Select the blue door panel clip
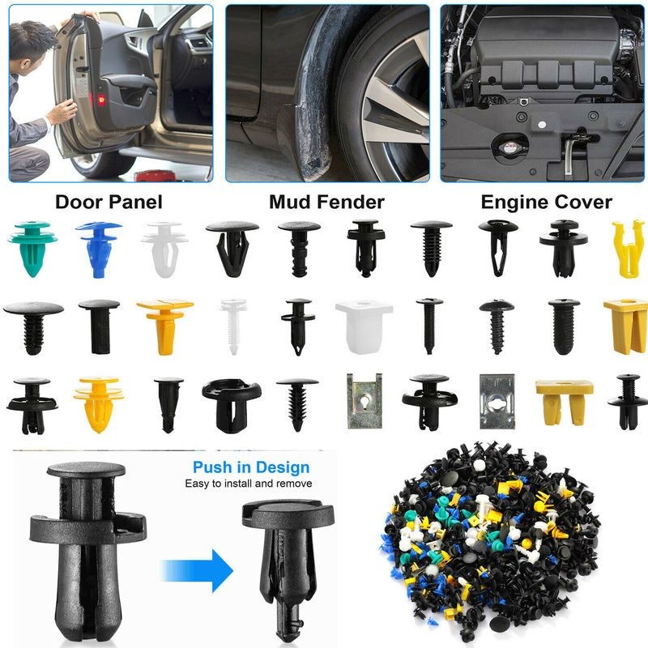[x=99, y=248]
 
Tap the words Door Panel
[x=109, y=202]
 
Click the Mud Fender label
[x=326, y=202]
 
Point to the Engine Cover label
[x=546, y=202]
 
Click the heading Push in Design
[x=251, y=467]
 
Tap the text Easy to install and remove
[x=249, y=484]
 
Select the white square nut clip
[x=363, y=326]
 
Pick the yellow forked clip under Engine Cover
[x=627, y=248]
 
